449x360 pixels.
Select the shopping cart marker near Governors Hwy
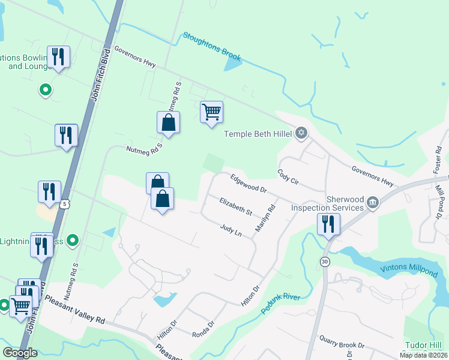tap(211, 112)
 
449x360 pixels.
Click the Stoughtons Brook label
tap(212, 47)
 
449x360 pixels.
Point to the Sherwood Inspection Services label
tap(327, 203)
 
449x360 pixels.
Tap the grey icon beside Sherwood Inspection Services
tap(373, 202)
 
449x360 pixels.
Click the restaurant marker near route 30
tap(328, 225)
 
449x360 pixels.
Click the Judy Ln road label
tap(231, 230)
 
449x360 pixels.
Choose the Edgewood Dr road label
tap(248, 183)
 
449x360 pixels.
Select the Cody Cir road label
tap(288, 179)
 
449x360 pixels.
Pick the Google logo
tap(20, 353)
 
